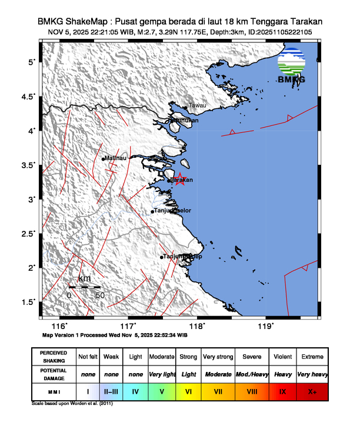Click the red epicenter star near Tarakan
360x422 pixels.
coord(180,182)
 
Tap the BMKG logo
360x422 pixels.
coord(291,65)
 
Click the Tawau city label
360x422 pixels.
coord(197,106)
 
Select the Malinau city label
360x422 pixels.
coord(115,158)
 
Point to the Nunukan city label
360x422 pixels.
coord(185,120)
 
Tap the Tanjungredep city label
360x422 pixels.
coord(182,257)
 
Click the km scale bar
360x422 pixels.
coord(84,287)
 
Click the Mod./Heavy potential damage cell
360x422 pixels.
coord(251,374)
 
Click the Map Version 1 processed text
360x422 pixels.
coord(115,334)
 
